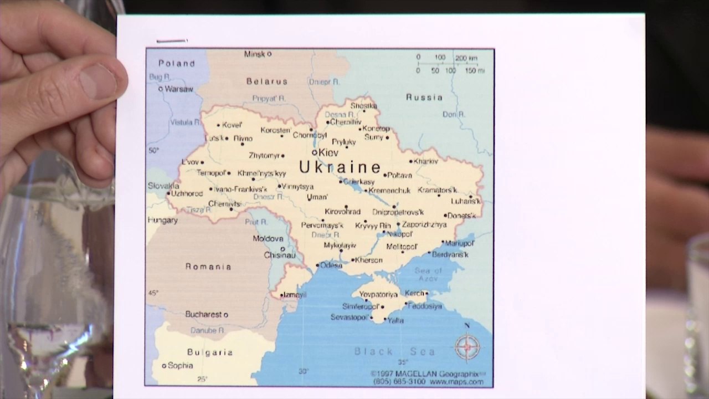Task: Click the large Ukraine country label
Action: tap(340, 167)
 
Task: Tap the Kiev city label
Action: tap(328, 152)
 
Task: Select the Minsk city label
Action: tap(255, 54)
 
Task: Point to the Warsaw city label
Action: tap(179, 89)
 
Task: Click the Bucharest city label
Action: tap(203, 314)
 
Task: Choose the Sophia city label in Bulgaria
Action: tap(180, 366)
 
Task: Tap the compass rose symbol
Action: tap(467, 346)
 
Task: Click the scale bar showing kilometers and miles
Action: tap(450, 64)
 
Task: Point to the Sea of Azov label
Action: tap(428, 274)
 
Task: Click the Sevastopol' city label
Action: tap(349, 318)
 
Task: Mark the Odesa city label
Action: tap(331, 265)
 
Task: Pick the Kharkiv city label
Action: tap(426, 161)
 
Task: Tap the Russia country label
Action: tap(424, 98)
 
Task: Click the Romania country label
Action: tap(208, 267)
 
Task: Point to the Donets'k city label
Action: tap(461, 216)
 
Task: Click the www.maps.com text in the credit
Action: tap(456, 382)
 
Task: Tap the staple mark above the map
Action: tap(172, 40)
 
